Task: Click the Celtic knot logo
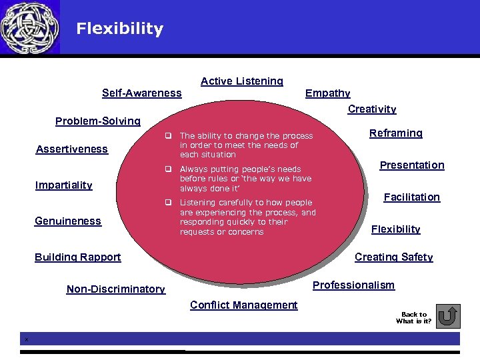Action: pyautogui.click(x=30, y=27)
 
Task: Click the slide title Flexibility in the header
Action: pyautogui.click(x=119, y=29)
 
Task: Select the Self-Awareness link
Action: pyautogui.click(x=141, y=93)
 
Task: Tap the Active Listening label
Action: pyautogui.click(x=242, y=81)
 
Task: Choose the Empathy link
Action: pyautogui.click(x=327, y=93)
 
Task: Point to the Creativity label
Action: pyautogui.click(x=372, y=109)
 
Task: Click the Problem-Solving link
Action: pyautogui.click(x=97, y=121)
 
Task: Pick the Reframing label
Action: pyautogui.click(x=396, y=133)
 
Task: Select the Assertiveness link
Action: pyautogui.click(x=71, y=149)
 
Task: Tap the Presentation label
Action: pyautogui.click(x=412, y=165)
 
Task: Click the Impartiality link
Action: pyautogui.click(x=63, y=185)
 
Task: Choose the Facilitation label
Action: pyautogui.click(x=411, y=197)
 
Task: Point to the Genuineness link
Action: pyautogui.click(x=68, y=221)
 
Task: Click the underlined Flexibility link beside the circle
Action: pyautogui.click(x=395, y=229)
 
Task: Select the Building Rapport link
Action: pyautogui.click(x=78, y=257)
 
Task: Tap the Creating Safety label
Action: pyautogui.click(x=393, y=257)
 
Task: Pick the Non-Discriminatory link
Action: pyautogui.click(x=116, y=289)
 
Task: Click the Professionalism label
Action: pyautogui.click(x=353, y=285)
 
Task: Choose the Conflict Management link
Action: pyautogui.click(x=243, y=305)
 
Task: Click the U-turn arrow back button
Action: pyautogui.click(x=451, y=316)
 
